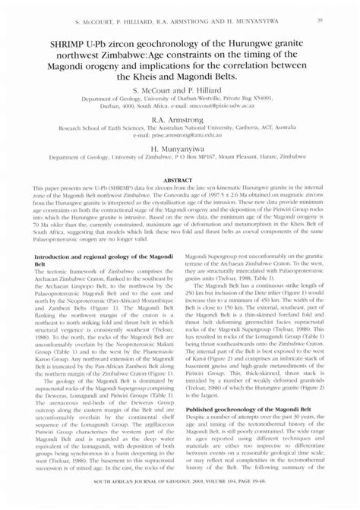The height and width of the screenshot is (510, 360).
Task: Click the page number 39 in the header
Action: point(323,17)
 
